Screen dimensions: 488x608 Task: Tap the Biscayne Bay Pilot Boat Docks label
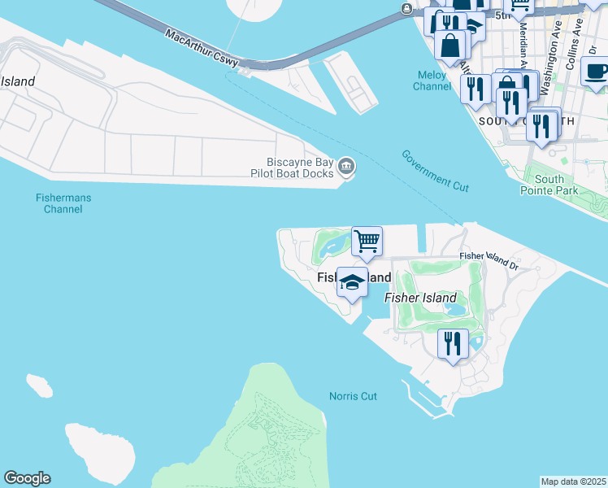[x=300, y=168]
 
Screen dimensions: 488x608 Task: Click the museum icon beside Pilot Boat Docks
[x=346, y=168]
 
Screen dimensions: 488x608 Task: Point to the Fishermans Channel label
[x=63, y=203]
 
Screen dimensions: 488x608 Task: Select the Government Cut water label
[x=435, y=171]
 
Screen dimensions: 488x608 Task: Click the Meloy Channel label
[x=430, y=81]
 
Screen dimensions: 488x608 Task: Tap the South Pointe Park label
[x=549, y=185]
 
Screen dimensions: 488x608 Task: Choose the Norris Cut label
[x=353, y=396]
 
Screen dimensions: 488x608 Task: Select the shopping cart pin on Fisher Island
[x=367, y=242]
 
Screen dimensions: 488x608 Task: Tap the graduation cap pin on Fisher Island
[x=352, y=282]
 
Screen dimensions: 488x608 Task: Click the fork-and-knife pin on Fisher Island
[x=452, y=342]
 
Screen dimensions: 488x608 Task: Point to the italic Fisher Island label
[x=420, y=298]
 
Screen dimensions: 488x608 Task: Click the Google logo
[x=27, y=478]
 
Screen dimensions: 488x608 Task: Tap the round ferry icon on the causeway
[x=406, y=9]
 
